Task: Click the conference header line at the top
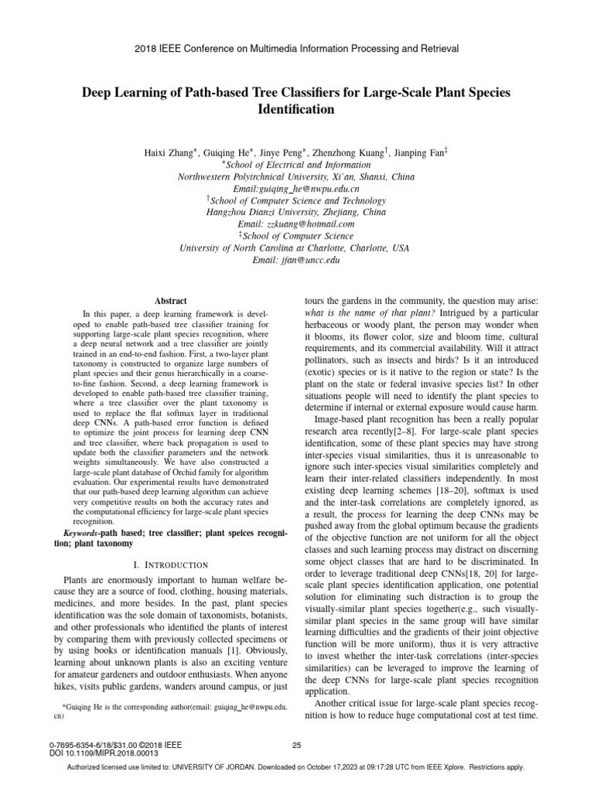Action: point(297,48)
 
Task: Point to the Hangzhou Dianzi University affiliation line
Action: point(296,211)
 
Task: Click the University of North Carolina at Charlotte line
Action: point(296,248)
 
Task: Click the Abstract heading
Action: point(171,300)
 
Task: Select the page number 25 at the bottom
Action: point(296,745)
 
